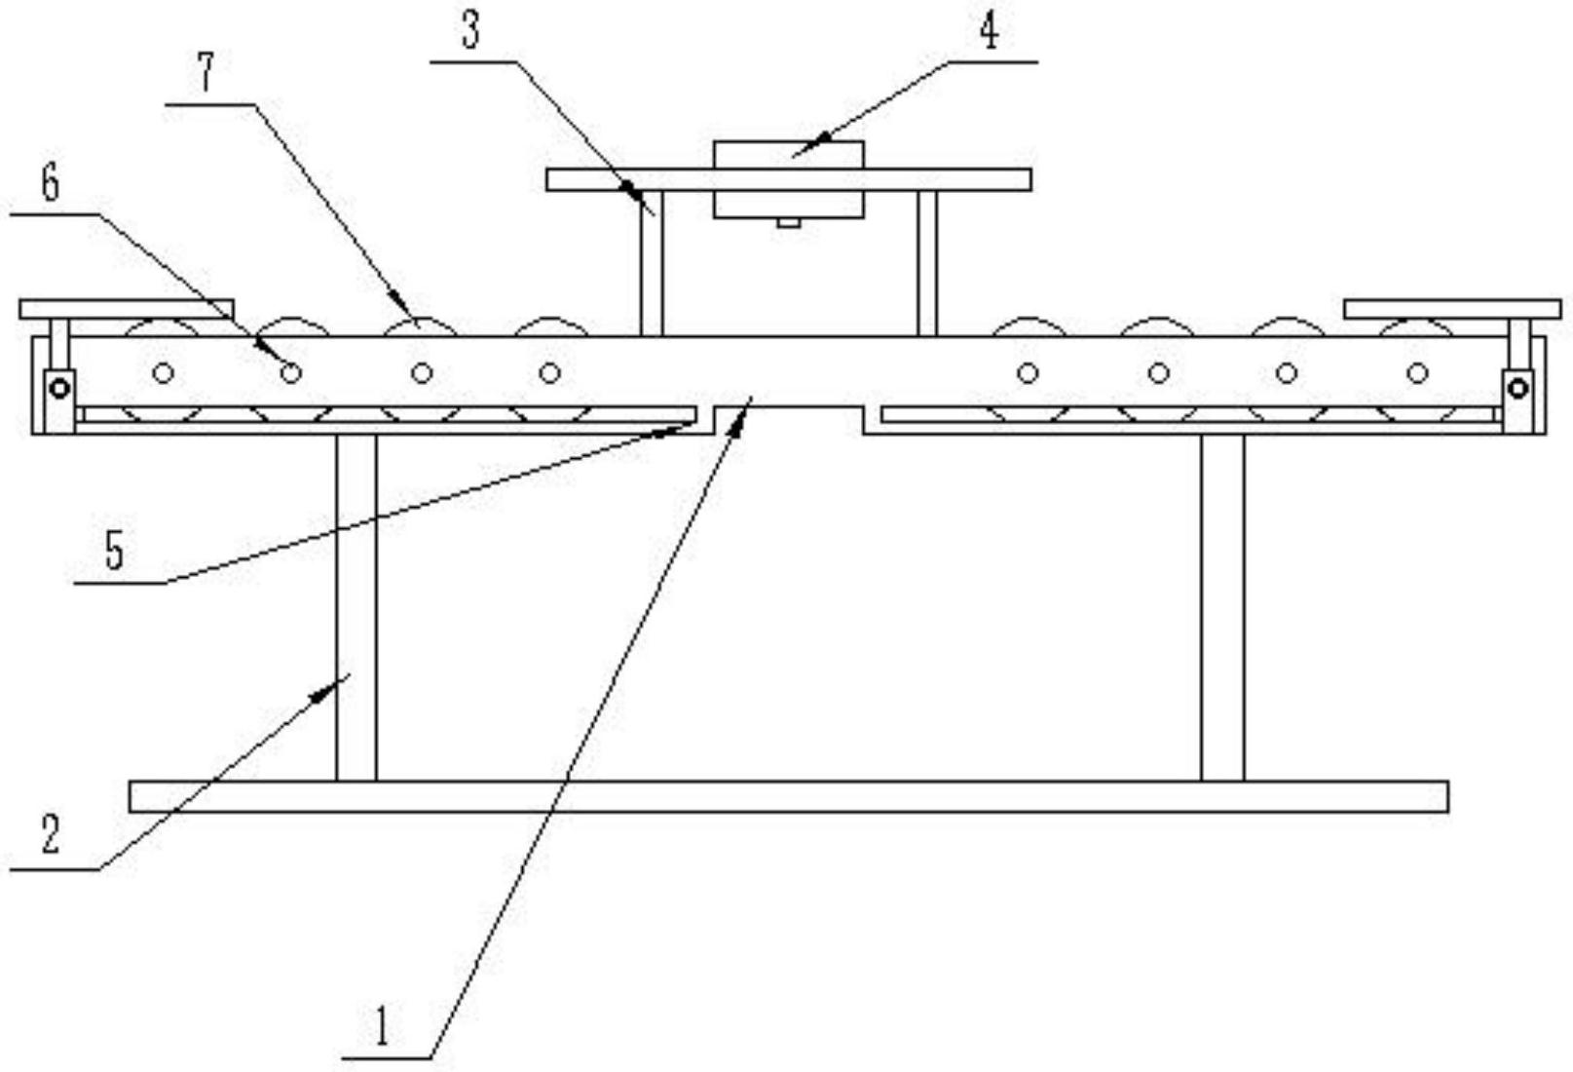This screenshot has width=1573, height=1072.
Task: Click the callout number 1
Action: coord(382,1026)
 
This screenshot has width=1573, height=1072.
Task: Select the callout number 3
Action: coord(470,31)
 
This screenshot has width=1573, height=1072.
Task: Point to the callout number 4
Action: coord(989,31)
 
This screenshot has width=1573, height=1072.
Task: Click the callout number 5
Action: coord(115,553)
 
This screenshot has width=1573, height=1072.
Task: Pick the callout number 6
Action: coord(49,182)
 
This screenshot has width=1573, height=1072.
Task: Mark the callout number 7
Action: coord(206,73)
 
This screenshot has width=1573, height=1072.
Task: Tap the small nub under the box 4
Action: coord(788,222)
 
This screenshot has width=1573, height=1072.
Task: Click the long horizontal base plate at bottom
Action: coord(788,796)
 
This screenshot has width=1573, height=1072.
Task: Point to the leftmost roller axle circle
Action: coord(164,373)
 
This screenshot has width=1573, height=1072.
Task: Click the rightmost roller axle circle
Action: coord(1417,373)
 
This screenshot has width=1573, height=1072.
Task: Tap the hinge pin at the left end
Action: coord(59,389)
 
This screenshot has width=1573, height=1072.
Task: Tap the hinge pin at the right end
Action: coord(1517,389)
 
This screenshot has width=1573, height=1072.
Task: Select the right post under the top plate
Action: coord(927,263)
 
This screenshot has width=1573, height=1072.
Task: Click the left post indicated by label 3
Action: coord(652,263)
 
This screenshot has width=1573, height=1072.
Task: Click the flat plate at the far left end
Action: coord(127,309)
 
